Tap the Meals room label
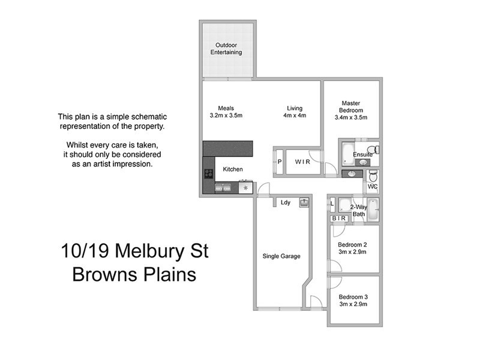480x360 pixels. pos(226,108)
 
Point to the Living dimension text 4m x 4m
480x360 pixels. pos(295,116)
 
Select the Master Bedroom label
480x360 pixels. pos(351,107)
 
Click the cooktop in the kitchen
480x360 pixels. pos(209,175)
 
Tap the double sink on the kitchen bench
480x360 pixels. pos(224,187)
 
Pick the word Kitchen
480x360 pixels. pos(233,170)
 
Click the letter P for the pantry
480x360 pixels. pos(280,161)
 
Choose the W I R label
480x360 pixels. pos(302,161)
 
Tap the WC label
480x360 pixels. pos(373,187)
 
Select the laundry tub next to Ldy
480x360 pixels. pos(304,202)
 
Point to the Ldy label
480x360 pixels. pos(286,203)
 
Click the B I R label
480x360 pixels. pos(338,219)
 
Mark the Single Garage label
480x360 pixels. pos(281,256)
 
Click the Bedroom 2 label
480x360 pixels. pos(353,245)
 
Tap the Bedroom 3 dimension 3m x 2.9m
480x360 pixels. pos(353,304)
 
